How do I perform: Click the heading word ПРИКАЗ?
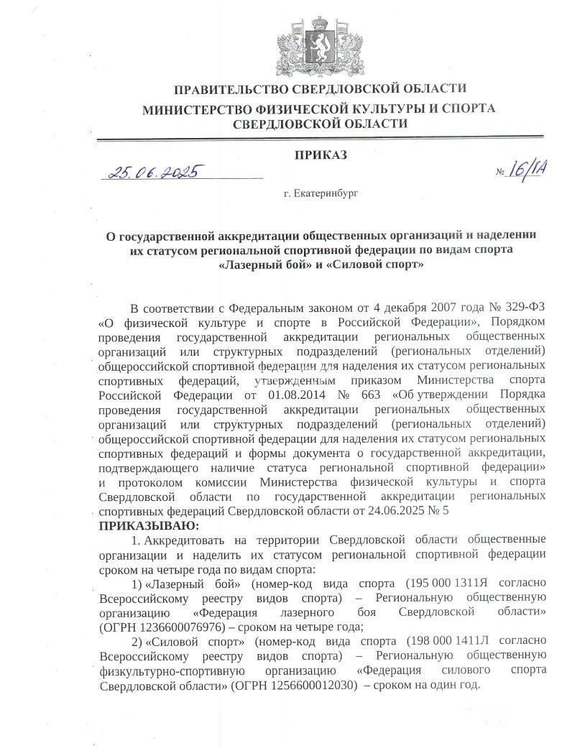321,155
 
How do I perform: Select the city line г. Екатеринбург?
321,193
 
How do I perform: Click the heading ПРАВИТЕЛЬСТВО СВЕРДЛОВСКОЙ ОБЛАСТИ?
319,88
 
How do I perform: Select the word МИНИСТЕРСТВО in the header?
198,109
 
